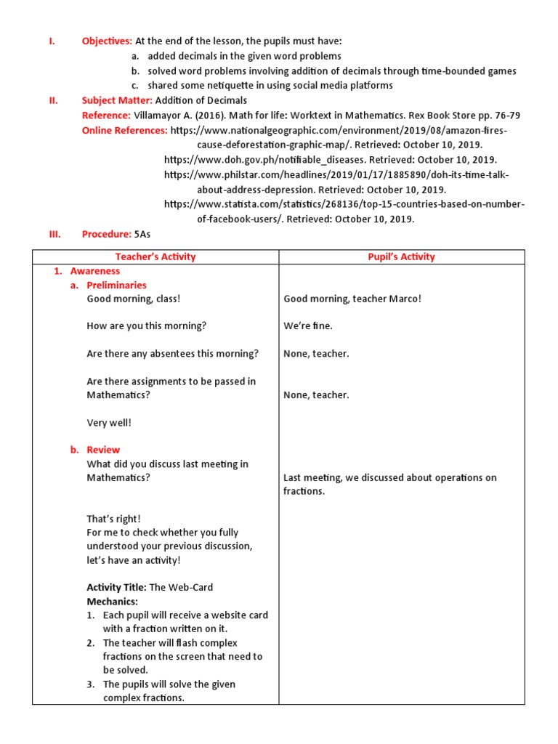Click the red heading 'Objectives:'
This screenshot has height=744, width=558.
[107, 41]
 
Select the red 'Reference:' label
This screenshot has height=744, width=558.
[106, 116]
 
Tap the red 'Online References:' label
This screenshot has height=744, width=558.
[125, 131]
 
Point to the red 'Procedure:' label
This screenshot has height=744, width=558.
[106, 234]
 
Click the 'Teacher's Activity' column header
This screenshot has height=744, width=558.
[155, 256]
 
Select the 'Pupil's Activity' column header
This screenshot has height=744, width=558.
[401, 256]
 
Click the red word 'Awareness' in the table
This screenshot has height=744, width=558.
[95, 271]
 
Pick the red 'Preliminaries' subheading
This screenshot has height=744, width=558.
[116, 286]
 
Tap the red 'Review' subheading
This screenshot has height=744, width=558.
[103, 450]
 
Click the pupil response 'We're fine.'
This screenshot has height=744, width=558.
[308, 326]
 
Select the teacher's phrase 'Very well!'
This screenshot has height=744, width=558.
[109, 423]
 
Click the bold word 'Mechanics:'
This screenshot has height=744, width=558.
[112, 602]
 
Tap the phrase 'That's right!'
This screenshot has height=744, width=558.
[114, 519]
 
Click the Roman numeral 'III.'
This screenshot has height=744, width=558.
[53, 234]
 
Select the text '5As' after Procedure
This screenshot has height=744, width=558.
[142, 234]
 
